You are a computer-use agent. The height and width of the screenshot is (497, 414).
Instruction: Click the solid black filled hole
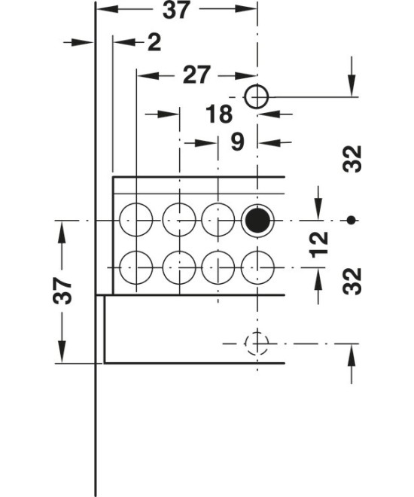257,220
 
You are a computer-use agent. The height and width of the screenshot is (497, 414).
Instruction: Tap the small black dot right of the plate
351,220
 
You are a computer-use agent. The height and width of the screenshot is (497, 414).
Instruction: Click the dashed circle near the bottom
257,343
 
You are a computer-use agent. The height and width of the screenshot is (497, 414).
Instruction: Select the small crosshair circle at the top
257,96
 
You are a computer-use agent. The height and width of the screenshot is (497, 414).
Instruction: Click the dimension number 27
196,75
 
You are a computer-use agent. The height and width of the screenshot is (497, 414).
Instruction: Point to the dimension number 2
154,42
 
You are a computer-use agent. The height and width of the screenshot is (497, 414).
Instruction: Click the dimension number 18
219,114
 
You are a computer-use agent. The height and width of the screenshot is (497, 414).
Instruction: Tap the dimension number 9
237,142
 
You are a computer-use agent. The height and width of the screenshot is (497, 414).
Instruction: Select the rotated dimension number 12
319,245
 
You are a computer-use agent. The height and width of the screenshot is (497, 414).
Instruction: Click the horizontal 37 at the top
176,10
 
